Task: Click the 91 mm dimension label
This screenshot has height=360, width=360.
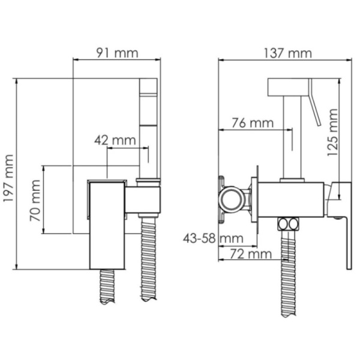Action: [x=117, y=53]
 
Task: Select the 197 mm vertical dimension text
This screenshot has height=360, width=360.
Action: [x=8, y=178]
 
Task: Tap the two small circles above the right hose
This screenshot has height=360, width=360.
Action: [x=288, y=224]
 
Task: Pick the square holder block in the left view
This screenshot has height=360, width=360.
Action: [x=144, y=199]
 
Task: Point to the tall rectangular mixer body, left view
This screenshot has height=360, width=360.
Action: [x=106, y=228]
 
